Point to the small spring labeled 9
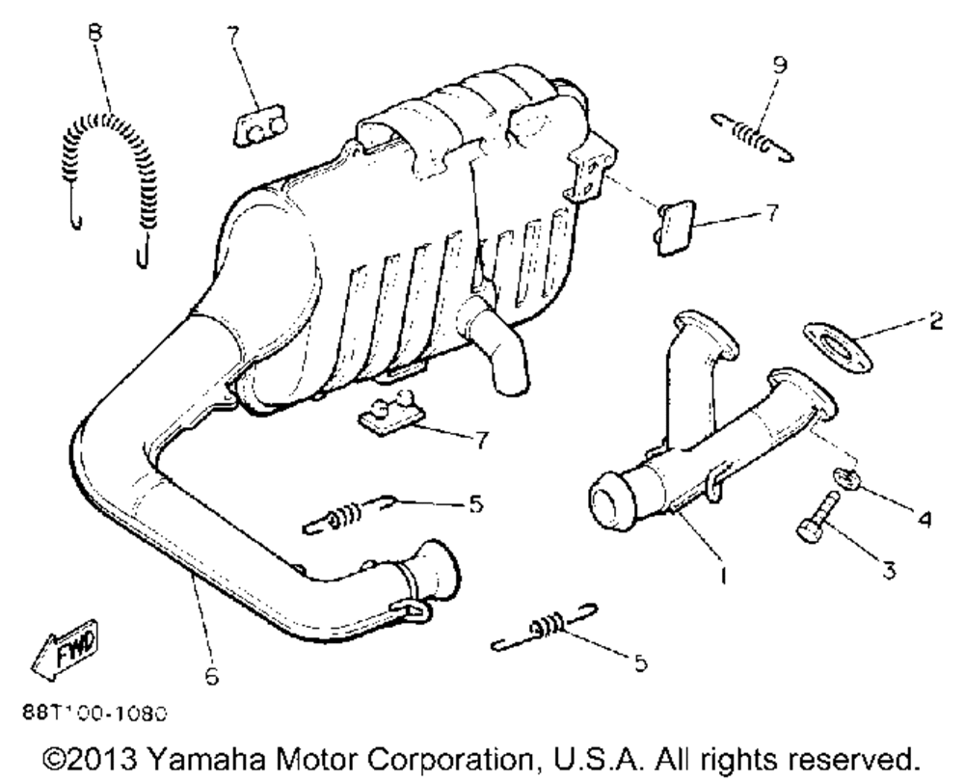click(752, 135)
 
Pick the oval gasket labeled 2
click(836, 345)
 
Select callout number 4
click(923, 519)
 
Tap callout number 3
click(888, 570)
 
